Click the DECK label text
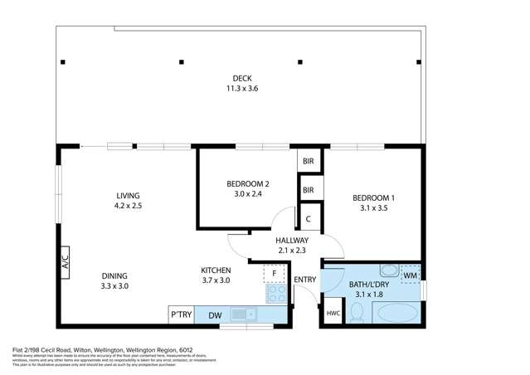(242, 79)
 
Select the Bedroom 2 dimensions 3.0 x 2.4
(248, 194)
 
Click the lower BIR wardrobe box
(309, 190)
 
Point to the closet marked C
(309, 219)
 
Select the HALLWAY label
(292, 240)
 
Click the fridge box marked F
(274, 273)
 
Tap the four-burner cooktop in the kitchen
(274, 294)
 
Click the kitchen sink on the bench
(240, 314)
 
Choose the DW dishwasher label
(215, 314)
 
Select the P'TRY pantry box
(181, 314)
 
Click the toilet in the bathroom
(356, 312)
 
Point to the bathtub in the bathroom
(397, 314)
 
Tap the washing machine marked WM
(411, 273)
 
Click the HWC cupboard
(333, 313)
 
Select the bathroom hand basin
(388, 270)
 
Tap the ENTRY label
(304, 280)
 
